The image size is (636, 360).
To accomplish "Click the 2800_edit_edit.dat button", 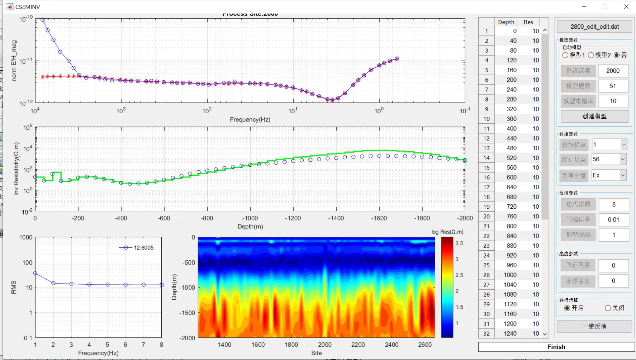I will tap(594, 27).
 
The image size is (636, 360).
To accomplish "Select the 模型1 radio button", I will tap(566, 55).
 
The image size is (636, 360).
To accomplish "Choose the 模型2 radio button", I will tap(591, 55).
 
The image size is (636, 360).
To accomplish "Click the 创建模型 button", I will tap(594, 116).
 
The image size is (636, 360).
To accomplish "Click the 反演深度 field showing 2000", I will tap(613, 71).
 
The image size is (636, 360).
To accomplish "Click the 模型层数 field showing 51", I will tap(613, 86).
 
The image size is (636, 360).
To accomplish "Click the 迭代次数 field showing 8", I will tap(613, 204).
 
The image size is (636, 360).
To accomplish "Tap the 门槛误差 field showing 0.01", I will tap(613, 219).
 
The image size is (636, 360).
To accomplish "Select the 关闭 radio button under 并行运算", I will tap(608, 308).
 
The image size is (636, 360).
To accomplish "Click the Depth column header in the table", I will tap(506, 22).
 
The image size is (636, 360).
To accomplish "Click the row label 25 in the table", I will tap(486, 265).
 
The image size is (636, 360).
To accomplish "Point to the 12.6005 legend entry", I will tap(143, 248).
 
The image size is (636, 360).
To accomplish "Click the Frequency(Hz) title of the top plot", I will tap(250, 119).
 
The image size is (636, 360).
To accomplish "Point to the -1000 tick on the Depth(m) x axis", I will tap(250, 218).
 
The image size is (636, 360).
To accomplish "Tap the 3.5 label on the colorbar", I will tap(459, 243).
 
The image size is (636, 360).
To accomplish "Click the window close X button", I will tap(626, 7).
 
